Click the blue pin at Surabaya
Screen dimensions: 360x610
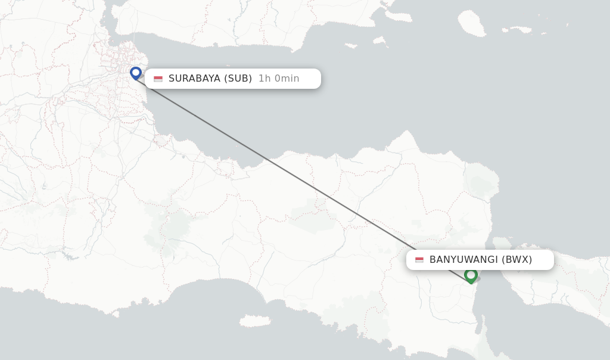[136, 73]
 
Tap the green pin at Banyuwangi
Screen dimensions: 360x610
[471, 275]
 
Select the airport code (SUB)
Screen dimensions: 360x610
[238, 78]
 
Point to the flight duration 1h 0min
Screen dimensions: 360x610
[279, 78]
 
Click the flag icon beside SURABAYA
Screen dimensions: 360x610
[158, 79]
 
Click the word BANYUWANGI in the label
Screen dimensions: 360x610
[463, 259]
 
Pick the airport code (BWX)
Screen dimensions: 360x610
[517, 259]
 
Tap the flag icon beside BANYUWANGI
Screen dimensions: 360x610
[419, 260]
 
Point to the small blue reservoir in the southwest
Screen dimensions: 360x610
[70, 257]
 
